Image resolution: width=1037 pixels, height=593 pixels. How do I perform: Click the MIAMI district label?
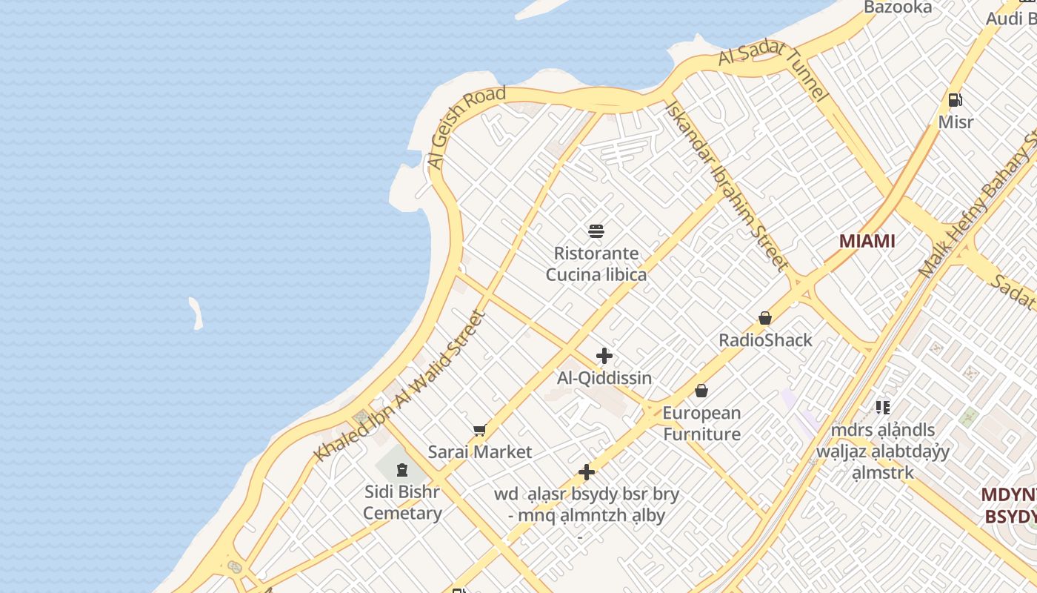pyautogui.click(x=867, y=241)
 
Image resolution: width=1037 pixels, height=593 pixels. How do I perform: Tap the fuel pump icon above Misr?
pyautogui.click(x=956, y=100)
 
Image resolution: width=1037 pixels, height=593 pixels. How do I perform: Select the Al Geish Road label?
pyautogui.click(x=466, y=125)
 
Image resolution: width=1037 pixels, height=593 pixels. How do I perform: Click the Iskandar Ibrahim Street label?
pyautogui.click(x=726, y=185)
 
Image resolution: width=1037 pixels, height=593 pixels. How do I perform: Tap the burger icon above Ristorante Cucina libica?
pyautogui.click(x=596, y=231)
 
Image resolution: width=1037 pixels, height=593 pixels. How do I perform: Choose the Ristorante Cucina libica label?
pyautogui.click(x=596, y=264)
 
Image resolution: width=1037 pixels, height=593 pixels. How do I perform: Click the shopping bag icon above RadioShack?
pyautogui.click(x=765, y=319)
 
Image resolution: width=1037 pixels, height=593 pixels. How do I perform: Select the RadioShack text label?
pyautogui.click(x=765, y=340)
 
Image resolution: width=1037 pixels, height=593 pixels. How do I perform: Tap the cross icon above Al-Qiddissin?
pyautogui.click(x=604, y=356)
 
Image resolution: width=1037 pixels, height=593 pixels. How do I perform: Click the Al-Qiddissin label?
pyautogui.click(x=604, y=378)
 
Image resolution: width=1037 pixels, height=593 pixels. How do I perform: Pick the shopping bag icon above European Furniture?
pyautogui.click(x=701, y=391)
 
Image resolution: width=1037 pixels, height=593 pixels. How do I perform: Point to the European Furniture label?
pyautogui.click(x=701, y=423)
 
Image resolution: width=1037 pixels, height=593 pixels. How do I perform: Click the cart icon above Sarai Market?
pyautogui.click(x=480, y=430)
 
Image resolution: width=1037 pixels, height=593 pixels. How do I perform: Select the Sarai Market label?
pyautogui.click(x=480, y=452)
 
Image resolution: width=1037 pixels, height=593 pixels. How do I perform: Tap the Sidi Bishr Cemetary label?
pyautogui.click(x=402, y=502)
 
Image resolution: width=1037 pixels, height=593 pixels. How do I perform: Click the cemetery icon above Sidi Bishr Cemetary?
pyautogui.click(x=401, y=470)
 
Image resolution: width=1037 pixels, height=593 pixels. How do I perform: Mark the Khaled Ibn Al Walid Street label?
pyautogui.click(x=400, y=385)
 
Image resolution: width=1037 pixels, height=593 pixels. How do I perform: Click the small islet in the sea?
pyautogui.click(x=196, y=313)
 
